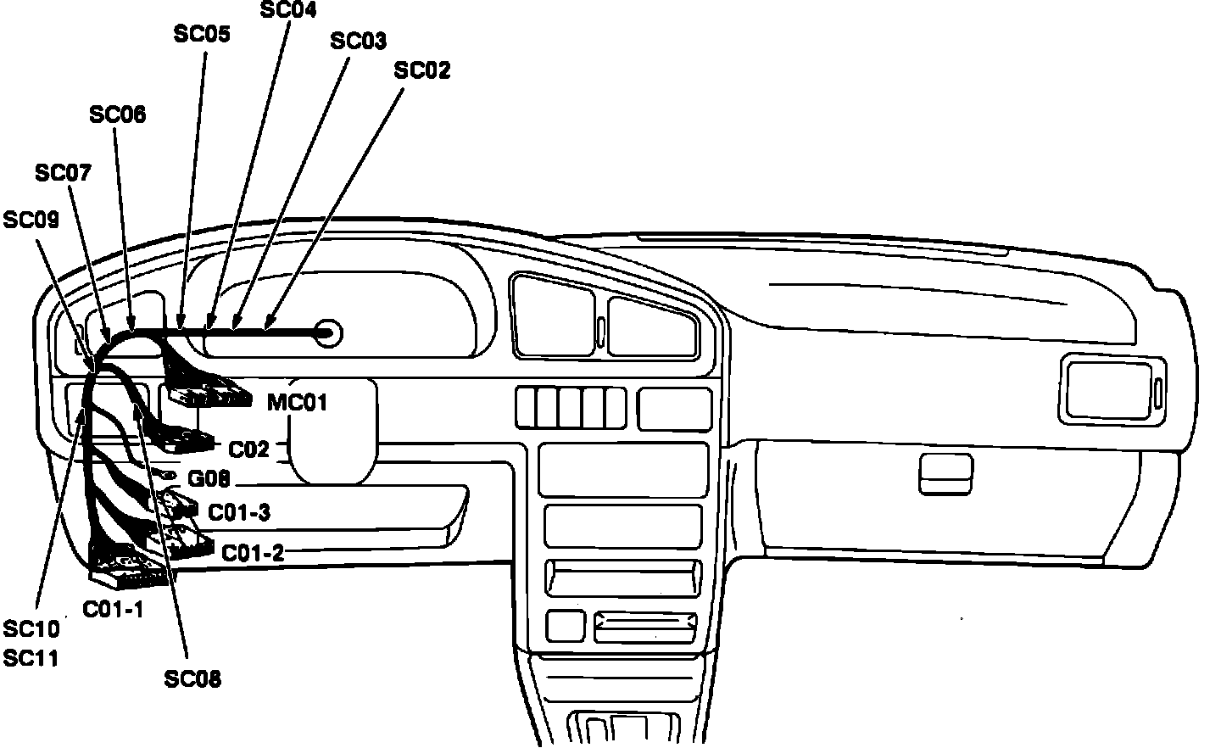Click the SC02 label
(422, 70)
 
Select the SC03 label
(358, 41)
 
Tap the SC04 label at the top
(287, 10)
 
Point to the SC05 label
(202, 34)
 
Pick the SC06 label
(117, 114)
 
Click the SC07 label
(63, 173)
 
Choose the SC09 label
(31, 220)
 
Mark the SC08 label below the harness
(192, 678)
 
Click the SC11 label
(31, 657)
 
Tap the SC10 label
(31, 629)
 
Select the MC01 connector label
(297, 402)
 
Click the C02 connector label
(248, 449)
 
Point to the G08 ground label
(209, 480)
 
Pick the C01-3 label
(239, 512)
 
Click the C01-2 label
(252, 553)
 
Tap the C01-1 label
(113, 609)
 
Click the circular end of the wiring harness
(328, 333)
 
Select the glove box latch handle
(945, 473)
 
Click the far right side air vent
(1112, 390)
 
